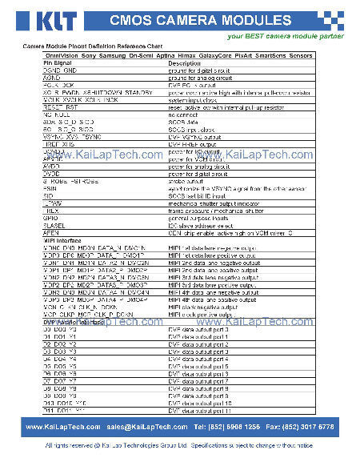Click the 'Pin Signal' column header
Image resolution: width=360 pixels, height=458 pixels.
click(x=58, y=63)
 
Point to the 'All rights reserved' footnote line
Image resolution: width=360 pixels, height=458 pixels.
click(x=179, y=445)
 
